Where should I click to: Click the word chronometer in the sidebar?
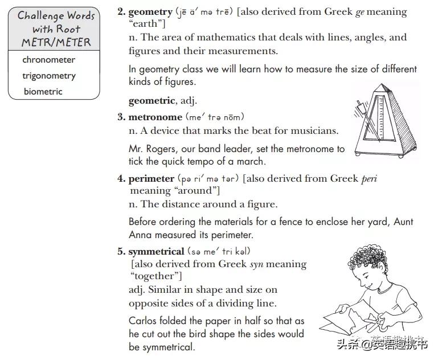point(48,60)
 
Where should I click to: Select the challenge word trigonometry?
point(49,76)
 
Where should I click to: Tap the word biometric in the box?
point(43,91)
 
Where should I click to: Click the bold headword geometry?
point(150,11)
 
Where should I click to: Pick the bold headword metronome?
point(155,117)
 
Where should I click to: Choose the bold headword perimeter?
point(152,178)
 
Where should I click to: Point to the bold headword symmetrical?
point(156,251)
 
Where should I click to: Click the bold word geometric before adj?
point(152,100)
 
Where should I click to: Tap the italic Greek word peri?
point(369,178)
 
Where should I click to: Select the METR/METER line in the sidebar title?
point(56,42)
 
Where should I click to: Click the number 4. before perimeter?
point(121,178)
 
